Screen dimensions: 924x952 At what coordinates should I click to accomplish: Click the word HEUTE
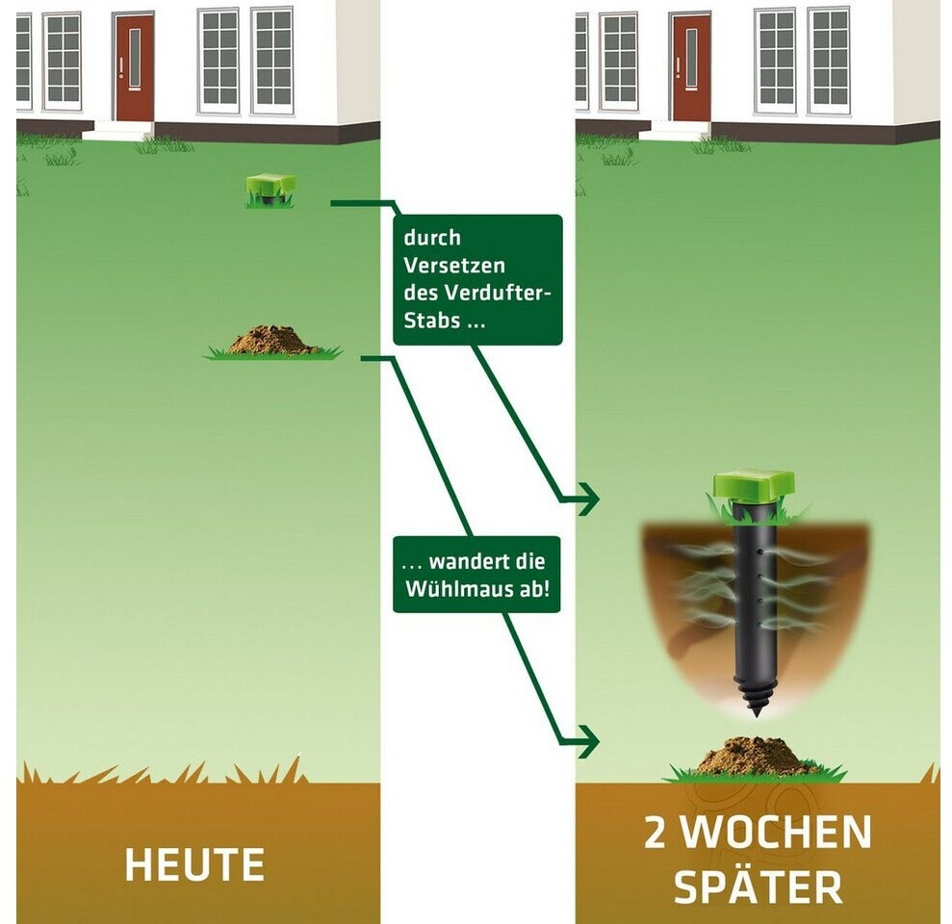(x=194, y=865)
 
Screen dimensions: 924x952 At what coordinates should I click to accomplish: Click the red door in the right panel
(x=690, y=67)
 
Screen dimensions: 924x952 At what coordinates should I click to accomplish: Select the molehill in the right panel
(x=756, y=757)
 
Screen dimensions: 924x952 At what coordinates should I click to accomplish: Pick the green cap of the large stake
(x=754, y=484)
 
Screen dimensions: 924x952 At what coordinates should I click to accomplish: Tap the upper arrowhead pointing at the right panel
(x=586, y=500)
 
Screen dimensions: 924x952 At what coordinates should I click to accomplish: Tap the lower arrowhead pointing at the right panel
(x=586, y=742)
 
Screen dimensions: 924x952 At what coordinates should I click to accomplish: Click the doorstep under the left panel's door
(x=116, y=133)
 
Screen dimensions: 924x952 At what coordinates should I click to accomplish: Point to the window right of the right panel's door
(x=775, y=60)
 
